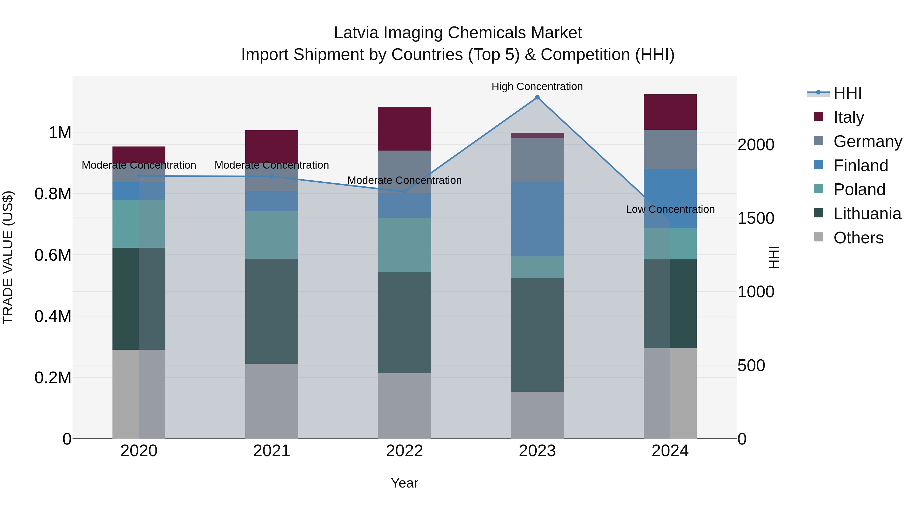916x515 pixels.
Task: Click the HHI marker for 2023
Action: (x=537, y=97)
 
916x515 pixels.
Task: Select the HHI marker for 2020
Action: (x=139, y=176)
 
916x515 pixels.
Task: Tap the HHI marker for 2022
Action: (x=404, y=192)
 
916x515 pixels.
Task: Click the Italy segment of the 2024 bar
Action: (x=670, y=112)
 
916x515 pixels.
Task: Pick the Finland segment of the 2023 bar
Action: (x=537, y=219)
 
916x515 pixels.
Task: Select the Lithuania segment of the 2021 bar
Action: (x=272, y=311)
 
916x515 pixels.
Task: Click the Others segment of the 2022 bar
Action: (x=404, y=406)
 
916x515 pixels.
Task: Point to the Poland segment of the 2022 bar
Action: (x=404, y=245)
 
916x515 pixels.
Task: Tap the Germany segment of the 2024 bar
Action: (x=670, y=149)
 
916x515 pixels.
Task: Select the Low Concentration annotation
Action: (x=670, y=209)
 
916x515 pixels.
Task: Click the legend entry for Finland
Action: (x=861, y=166)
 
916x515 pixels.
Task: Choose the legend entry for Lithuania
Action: (x=867, y=214)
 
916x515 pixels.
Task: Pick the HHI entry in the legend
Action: (x=847, y=93)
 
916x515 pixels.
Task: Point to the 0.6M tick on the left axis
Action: (x=53, y=255)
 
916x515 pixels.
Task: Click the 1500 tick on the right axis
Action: (x=756, y=218)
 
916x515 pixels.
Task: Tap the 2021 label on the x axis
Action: (x=272, y=451)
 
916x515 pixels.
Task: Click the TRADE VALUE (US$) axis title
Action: (x=8, y=257)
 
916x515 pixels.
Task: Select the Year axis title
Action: (x=404, y=483)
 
